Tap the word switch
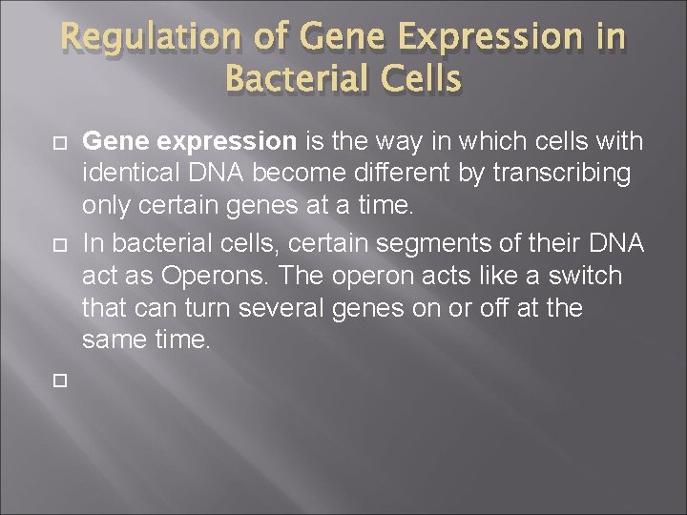point(588,277)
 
